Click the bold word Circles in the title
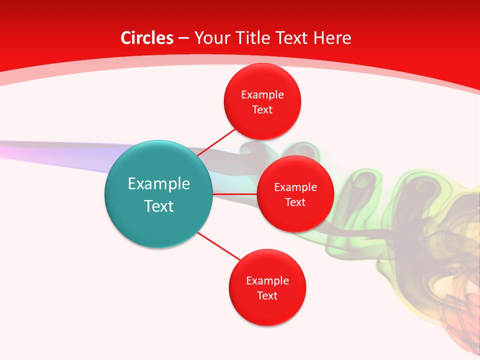pyautogui.click(x=146, y=38)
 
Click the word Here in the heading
pyautogui.click(x=332, y=38)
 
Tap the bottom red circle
pyautogui.click(x=267, y=310)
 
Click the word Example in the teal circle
pyautogui.click(x=159, y=183)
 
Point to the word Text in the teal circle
pyautogui.click(x=159, y=206)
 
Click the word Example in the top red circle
pyautogui.click(x=262, y=94)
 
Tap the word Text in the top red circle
pyautogui.click(x=262, y=109)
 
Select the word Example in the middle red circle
pyautogui.click(x=295, y=187)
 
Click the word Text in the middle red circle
pyautogui.click(x=295, y=202)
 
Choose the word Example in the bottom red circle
pyautogui.click(x=267, y=280)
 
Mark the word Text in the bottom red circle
pyautogui.click(x=267, y=295)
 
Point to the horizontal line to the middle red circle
pyautogui.click(x=234, y=193)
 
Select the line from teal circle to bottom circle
pyautogui.click(x=219, y=246)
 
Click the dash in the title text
pyautogui.click(x=183, y=38)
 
